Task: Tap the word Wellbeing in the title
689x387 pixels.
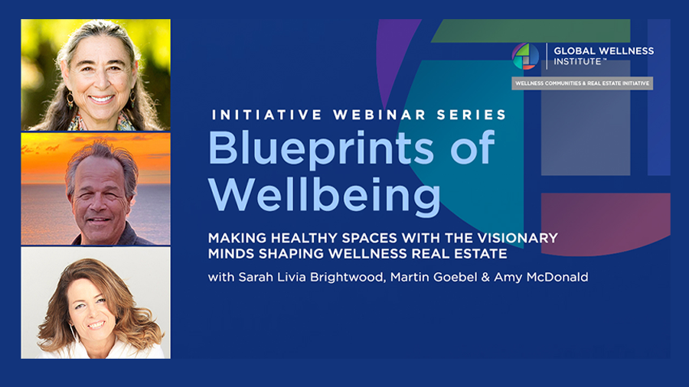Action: (325, 196)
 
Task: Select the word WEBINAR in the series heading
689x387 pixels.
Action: (380, 115)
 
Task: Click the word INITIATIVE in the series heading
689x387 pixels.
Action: (266, 115)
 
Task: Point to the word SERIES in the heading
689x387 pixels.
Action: (472, 115)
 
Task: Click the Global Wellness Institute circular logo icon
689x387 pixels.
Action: (525, 56)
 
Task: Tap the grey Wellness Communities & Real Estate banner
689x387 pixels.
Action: (583, 83)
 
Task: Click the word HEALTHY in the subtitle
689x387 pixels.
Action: (304, 238)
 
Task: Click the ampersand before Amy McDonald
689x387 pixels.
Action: (485, 278)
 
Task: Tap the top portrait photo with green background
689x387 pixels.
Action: (96, 75)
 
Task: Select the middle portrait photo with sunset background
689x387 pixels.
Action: (96, 189)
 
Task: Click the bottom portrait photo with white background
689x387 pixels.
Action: (96, 303)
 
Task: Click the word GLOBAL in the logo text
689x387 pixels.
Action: (573, 51)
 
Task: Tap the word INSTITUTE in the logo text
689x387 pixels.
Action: (577, 62)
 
